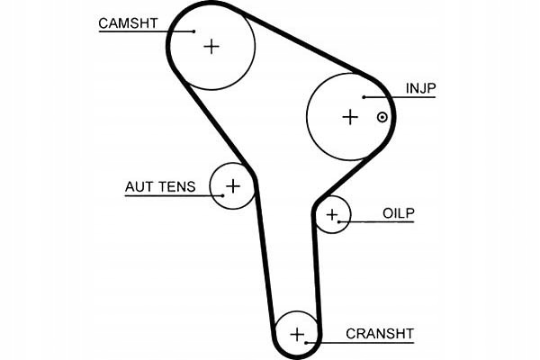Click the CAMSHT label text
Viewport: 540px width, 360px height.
(128, 23)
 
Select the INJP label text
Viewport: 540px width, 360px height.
(421, 88)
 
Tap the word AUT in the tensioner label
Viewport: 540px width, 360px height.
(138, 186)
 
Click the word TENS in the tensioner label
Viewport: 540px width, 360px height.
(176, 186)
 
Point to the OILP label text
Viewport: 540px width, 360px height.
(399, 213)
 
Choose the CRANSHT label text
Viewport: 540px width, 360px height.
(380, 334)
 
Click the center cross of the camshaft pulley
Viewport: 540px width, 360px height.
(211, 47)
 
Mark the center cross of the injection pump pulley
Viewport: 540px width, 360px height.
(350, 117)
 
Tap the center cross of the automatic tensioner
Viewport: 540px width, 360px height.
(233, 186)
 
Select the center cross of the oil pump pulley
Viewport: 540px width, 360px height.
(332, 215)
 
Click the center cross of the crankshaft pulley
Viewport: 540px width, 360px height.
(297, 335)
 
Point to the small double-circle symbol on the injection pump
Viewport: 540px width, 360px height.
(382, 118)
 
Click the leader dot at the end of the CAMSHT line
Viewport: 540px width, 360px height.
(193, 31)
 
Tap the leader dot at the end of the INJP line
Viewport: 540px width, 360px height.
(364, 97)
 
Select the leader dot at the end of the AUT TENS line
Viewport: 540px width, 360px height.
(223, 195)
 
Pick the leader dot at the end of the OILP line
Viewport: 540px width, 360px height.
(339, 222)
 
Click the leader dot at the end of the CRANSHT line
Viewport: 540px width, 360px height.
(306, 343)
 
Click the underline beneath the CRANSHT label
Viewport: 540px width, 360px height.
(360, 343)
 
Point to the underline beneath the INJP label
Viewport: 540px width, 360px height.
(400, 97)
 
